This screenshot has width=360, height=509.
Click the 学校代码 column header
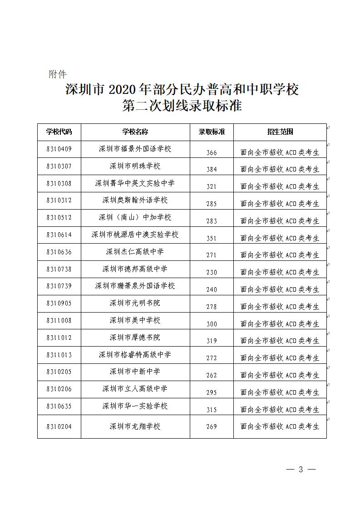point(59,132)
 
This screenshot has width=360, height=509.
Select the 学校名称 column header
point(135,132)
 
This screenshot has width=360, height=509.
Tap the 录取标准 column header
point(212,132)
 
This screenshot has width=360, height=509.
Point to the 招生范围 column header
point(280,132)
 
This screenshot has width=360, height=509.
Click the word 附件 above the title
point(58,74)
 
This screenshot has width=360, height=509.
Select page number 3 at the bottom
point(301,470)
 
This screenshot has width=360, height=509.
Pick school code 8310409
point(59,148)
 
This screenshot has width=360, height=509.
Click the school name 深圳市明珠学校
point(135,166)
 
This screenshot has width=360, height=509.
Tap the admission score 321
point(212,186)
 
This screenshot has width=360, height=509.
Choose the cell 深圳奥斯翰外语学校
point(135,200)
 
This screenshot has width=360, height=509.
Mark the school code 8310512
point(59,217)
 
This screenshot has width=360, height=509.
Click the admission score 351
point(212,238)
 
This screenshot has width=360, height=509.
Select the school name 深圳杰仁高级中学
point(135,252)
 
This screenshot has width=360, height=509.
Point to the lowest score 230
point(212,272)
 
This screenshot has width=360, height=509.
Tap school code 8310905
point(59,303)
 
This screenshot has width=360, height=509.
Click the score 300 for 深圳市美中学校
point(212,324)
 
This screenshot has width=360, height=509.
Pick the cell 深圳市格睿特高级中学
point(135,355)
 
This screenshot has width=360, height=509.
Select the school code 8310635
point(59,406)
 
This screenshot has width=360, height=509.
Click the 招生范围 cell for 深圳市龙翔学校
point(280,427)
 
